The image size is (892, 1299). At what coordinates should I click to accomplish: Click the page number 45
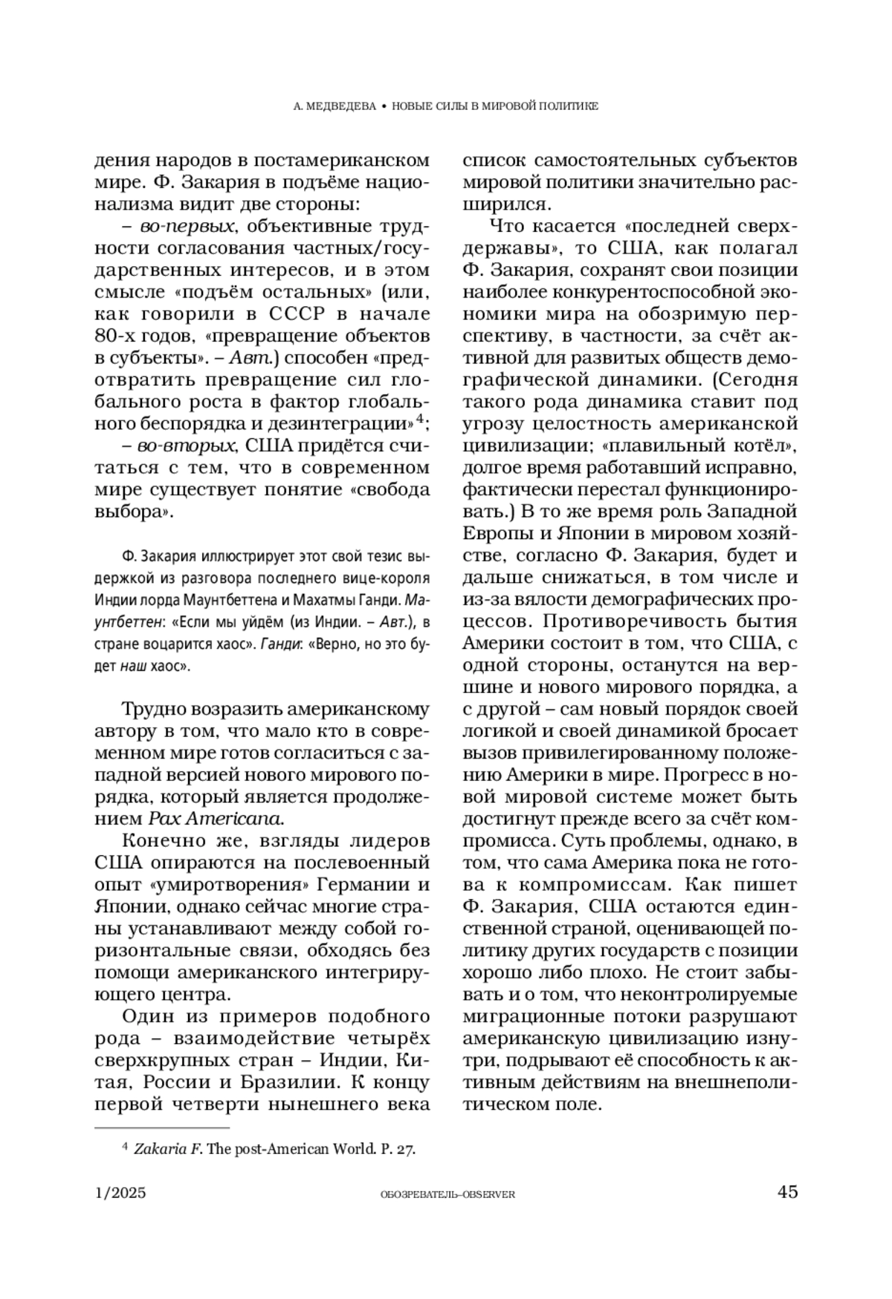(x=787, y=1192)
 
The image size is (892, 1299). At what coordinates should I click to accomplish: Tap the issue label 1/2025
(x=121, y=1193)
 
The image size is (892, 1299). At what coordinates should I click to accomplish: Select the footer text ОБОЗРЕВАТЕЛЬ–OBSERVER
(x=447, y=1194)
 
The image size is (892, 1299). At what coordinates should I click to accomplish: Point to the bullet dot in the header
(x=383, y=106)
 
